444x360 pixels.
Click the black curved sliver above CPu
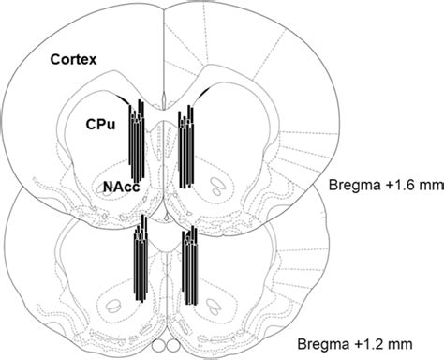point(123,95)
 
